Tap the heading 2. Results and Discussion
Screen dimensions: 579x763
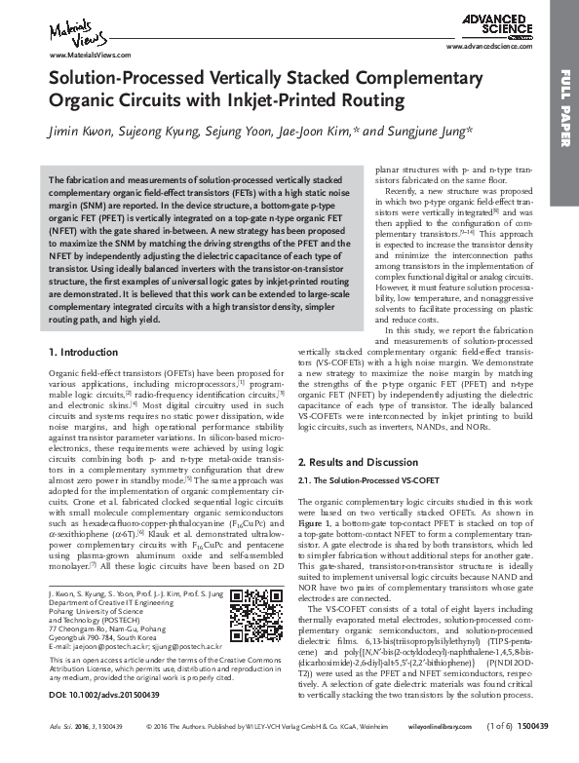tap(357, 460)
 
